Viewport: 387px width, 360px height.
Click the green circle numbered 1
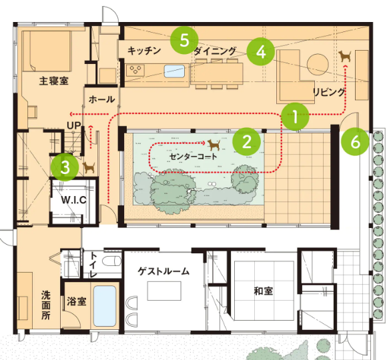pyautogui.click(x=295, y=117)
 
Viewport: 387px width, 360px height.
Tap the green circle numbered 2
pyautogui.click(x=247, y=141)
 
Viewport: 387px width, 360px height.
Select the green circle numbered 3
pyautogui.click(x=65, y=167)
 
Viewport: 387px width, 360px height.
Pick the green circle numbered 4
pyautogui.click(x=261, y=52)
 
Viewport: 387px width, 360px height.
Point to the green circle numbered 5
pyautogui.click(x=184, y=40)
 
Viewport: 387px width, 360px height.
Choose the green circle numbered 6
pyautogui.click(x=355, y=141)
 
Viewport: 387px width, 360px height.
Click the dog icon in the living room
pyautogui.click(x=345, y=56)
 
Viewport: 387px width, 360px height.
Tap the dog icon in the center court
pyautogui.click(x=214, y=145)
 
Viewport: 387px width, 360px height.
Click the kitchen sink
pyautogui.click(x=174, y=71)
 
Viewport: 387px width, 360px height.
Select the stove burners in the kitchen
pyautogui.click(x=135, y=70)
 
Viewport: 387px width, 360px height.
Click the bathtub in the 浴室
pyautogui.click(x=105, y=306)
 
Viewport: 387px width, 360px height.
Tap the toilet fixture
pyautogui.click(x=111, y=261)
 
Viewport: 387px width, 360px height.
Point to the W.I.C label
pyautogui.click(x=74, y=200)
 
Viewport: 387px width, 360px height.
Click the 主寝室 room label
pyautogui.click(x=54, y=81)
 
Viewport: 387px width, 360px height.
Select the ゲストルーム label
pyautogui.click(x=163, y=271)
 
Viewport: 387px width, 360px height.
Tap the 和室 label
pyautogui.click(x=264, y=291)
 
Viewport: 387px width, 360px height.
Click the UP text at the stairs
pyautogui.click(x=74, y=125)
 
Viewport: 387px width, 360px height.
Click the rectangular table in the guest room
pyautogui.click(x=164, y=291)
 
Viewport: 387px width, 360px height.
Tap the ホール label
pyautogui.click(x=101, y=99)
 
